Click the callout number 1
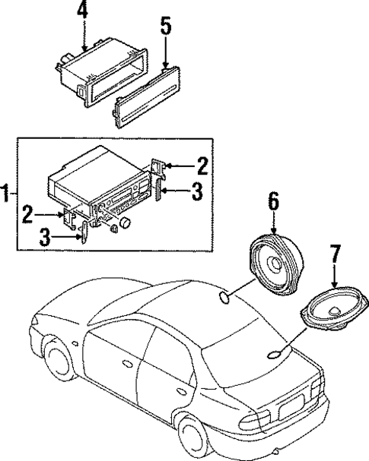coord(6,194)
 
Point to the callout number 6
coord(272,202)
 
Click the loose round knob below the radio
coord(122,224)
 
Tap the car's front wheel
coord(58,363)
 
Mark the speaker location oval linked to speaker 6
coord(226,297)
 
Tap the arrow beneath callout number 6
coord(272,225)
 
